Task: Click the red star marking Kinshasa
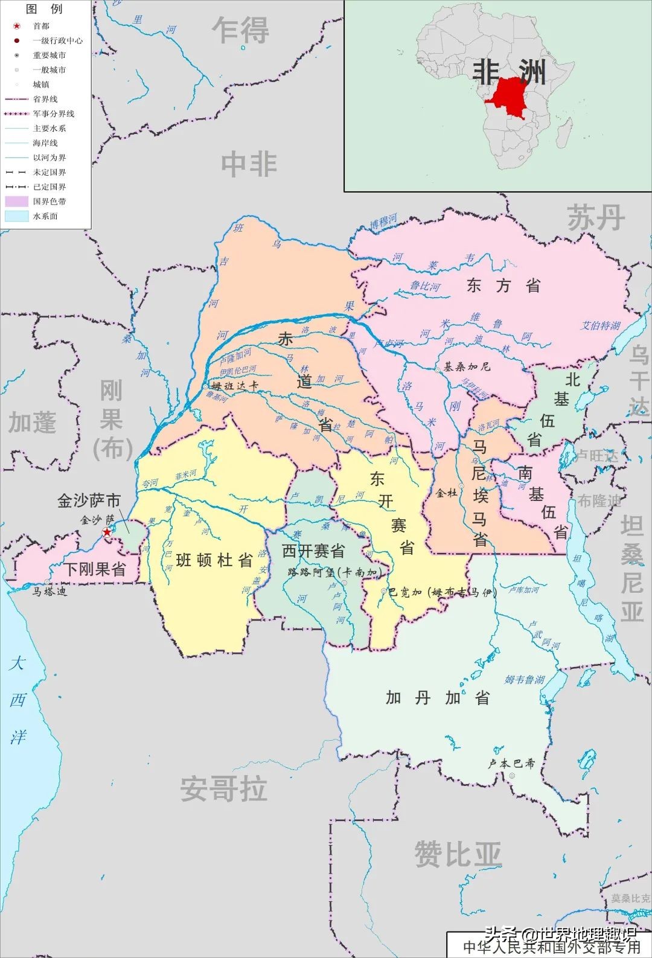(107, 532)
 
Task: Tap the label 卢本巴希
(512, 763)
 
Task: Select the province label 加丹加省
(438, 698)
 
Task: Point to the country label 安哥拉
(224, 789)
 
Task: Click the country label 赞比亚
(458, 854)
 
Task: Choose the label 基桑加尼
(467, 366)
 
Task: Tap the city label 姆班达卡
(235, 386)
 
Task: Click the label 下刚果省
(95, 569)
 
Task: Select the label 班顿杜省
(214, 560)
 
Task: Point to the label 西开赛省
(313, 551)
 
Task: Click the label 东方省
(503, 286)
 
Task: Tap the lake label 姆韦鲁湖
(524, 680)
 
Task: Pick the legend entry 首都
(41, 26)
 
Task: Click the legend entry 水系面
(45, 216)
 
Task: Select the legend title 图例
(44, 9)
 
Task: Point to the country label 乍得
(240, 30)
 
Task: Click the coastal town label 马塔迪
(50, 591)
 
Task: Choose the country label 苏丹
(595, 217)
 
